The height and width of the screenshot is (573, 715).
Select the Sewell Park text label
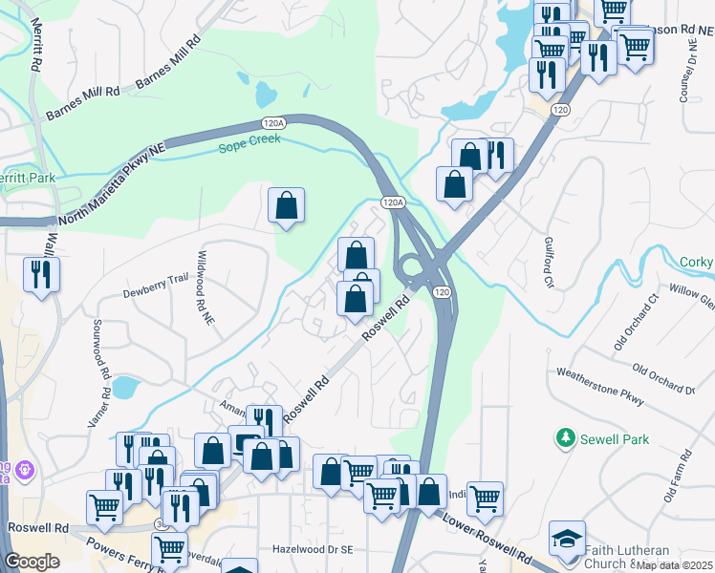[x=616, y=439]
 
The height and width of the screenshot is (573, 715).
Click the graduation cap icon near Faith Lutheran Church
[x=567, y=538]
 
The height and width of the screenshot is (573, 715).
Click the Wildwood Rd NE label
[x=205, y=289]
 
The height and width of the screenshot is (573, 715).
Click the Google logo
[x=32, y=561]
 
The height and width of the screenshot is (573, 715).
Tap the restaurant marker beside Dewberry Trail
[x=41, y=275]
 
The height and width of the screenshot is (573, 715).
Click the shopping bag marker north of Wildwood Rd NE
[x=286, y=205]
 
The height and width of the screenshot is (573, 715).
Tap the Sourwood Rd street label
[x=98, y=345]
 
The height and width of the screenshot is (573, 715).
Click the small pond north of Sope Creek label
[x=265, y=94]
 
